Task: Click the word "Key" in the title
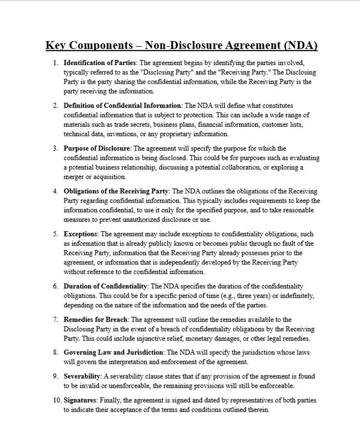click(56, 46)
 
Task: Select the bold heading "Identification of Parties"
click(97, 62)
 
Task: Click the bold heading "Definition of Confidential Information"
click(122, 105)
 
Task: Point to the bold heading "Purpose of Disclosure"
click(97, 148)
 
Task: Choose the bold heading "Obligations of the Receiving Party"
click(117, 191)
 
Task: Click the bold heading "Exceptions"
click(80, 234)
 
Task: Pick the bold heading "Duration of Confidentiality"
click(106, 286)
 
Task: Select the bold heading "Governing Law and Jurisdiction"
click(113, 352)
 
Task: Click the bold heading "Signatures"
click(80, 400)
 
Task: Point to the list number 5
click(55, 234)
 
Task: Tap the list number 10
click(54, 400)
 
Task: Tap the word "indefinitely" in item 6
click(296, 296)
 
